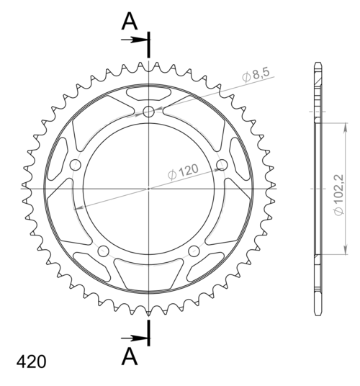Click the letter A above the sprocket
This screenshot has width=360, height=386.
(130, 22)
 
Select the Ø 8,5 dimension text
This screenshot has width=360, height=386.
(256, 74)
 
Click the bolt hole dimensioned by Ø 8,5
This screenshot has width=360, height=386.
(148, 112)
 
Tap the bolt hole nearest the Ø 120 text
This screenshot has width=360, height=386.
(221, 166)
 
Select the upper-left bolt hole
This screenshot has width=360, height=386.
(75, 166)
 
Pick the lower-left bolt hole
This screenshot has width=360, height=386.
(103, 251)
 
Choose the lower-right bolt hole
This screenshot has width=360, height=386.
(194, 251)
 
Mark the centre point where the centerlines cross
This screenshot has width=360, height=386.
(148, 189)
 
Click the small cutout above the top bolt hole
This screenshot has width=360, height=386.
(148, 93)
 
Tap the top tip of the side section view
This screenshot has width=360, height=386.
(318, 66)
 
